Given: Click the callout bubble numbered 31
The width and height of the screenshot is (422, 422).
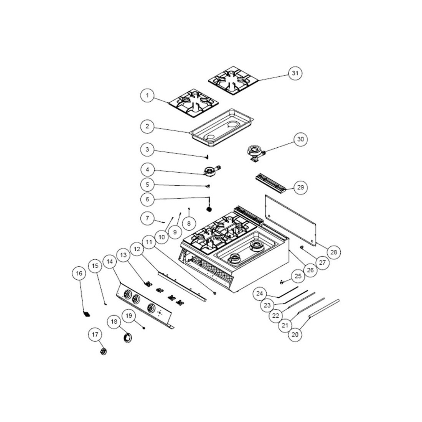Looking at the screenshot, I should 295,73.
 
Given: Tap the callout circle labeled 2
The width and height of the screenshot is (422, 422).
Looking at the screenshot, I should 148,126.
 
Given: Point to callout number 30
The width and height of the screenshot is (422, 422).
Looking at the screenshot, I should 301,139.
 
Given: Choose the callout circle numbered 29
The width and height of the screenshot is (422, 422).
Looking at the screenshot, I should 301,187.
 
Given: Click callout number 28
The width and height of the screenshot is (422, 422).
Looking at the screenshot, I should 333,252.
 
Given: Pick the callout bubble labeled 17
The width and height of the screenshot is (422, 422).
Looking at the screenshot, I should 95,335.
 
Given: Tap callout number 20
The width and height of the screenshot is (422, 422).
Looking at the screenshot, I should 295,334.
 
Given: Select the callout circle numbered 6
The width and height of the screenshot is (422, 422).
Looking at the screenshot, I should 148,199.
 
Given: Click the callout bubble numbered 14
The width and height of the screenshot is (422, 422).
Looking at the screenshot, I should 110,261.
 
